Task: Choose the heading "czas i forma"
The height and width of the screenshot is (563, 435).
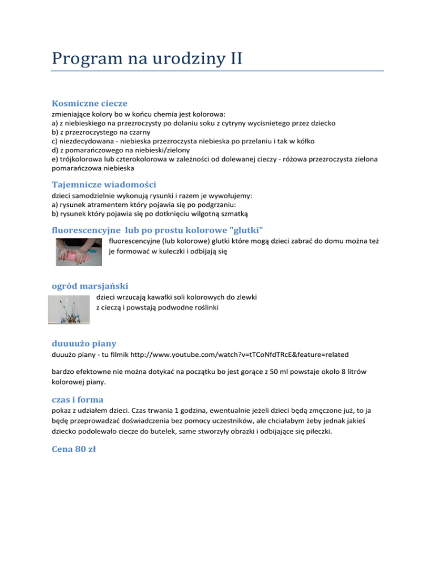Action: tap(80, 399)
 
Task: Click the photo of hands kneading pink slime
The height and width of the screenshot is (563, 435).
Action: tap(79, 253)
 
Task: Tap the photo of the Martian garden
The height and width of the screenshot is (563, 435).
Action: tap(71, 309)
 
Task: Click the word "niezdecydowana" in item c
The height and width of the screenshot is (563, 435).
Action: tap(87, 141)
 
